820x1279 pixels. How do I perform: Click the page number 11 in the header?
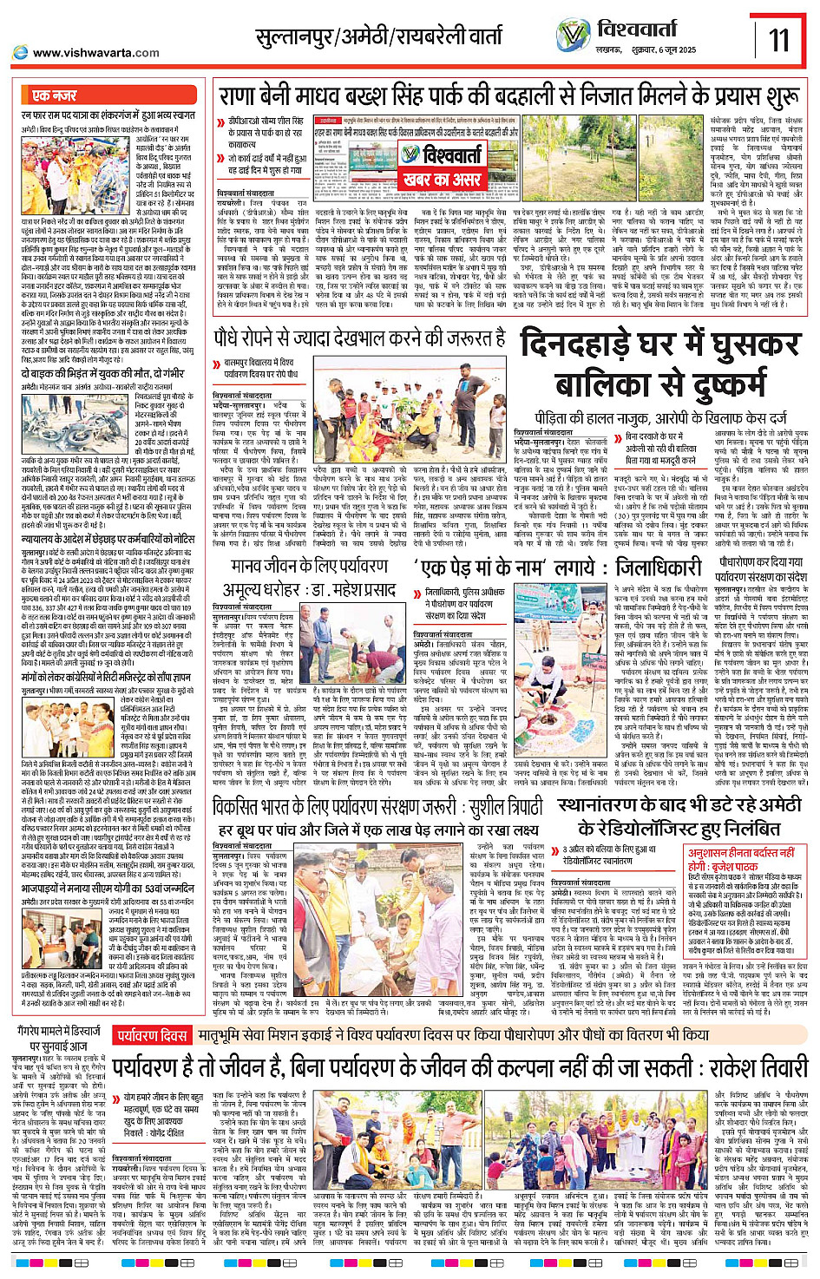778,38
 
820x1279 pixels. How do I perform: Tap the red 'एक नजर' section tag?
54,95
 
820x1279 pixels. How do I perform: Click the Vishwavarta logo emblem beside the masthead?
573,36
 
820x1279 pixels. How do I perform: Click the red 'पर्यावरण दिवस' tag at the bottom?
154,1034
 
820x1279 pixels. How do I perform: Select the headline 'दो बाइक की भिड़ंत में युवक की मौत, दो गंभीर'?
103,373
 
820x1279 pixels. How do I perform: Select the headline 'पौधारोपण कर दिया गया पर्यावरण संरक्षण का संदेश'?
761,569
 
